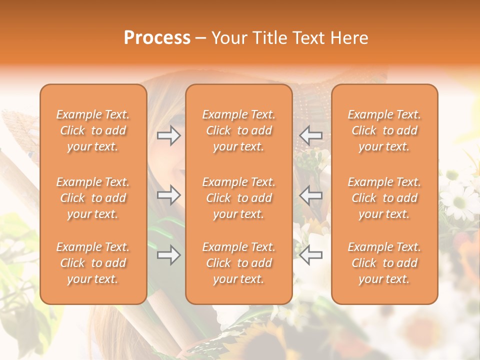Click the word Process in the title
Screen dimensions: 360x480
coord(157,37)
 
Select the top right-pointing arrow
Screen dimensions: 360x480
coord(168,135)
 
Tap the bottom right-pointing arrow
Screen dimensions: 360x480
coord(168,255)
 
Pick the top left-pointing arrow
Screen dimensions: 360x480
coord(311,135)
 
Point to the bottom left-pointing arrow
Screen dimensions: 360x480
coord(311,255)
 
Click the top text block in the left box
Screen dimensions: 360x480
coord(93,130)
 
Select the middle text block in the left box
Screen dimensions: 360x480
coord(93,198)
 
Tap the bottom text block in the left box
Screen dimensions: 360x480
coord(93,263)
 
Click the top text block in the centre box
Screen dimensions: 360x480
coord(238,130)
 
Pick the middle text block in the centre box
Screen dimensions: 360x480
coord(238,198)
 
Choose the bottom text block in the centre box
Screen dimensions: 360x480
coord(238,263)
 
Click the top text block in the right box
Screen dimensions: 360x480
coord(384,130)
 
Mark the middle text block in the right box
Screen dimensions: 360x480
coord(384,198)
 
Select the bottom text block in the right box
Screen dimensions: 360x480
coord(384,263)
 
